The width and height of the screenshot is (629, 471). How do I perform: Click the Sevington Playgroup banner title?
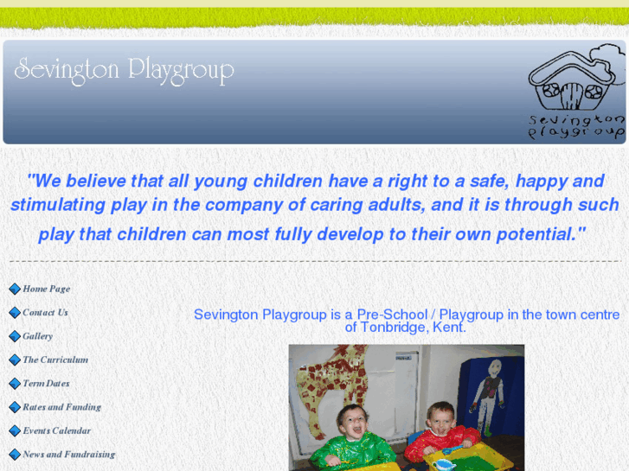point(124,70)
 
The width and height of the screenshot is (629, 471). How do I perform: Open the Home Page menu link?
point(46,289)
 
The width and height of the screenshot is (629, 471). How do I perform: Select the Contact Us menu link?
point(45,312)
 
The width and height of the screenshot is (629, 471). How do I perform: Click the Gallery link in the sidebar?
point(37,336)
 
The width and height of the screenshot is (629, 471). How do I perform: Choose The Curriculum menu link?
point(55,360)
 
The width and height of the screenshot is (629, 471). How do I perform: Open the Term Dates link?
point(46,383)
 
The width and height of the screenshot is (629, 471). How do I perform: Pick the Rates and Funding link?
point(61,407)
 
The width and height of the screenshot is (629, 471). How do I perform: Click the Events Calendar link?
point(56,430)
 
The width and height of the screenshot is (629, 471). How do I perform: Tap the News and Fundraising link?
point(68,454)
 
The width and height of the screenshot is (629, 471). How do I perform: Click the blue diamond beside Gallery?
point(15,336)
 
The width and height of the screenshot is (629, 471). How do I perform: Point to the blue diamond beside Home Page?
point(15,289)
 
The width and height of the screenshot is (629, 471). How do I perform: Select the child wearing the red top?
point(441,432)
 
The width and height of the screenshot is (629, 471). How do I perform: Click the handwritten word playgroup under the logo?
point(575,132)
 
